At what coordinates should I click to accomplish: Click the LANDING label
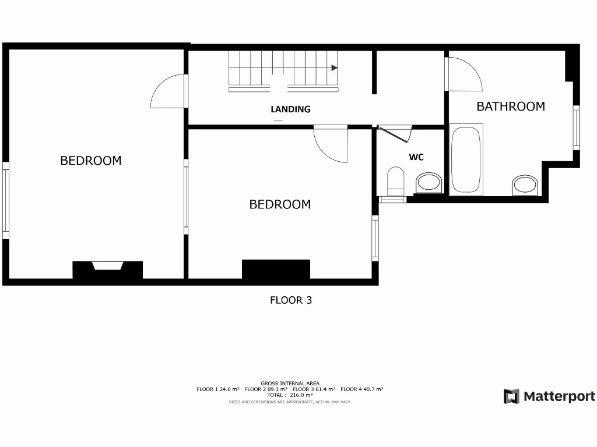[x=290, y=109]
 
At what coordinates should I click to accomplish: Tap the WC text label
[x=416, y=157]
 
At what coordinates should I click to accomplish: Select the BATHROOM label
[x=511, y=107]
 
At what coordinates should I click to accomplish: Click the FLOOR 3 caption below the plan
[x=291, y=300]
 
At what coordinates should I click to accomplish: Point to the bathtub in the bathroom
[x=466, y=159]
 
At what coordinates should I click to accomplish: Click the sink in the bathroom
[x=526, y=185]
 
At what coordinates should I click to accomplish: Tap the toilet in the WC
[x=396, y=181]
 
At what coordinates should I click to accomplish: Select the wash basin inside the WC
[x=429, y=183]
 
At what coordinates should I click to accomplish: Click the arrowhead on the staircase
[x=335, y=68]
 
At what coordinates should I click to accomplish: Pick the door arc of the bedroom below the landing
[x=331, y=144]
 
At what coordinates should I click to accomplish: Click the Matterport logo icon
[x=511, y=396]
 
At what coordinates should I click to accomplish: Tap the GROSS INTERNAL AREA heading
[x=290, y=383]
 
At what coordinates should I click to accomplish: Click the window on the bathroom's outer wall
[x=576, y=127]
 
